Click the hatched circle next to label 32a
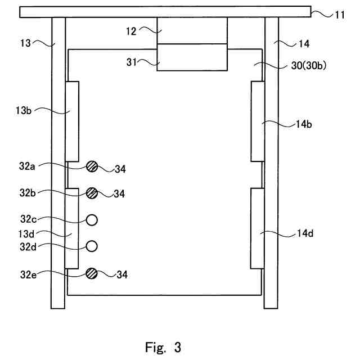[92, 166]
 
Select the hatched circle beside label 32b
[92, 193]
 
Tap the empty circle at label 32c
[92, 219]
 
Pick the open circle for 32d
[92, 246]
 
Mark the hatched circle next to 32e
[92, 273]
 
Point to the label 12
[130, 31]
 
